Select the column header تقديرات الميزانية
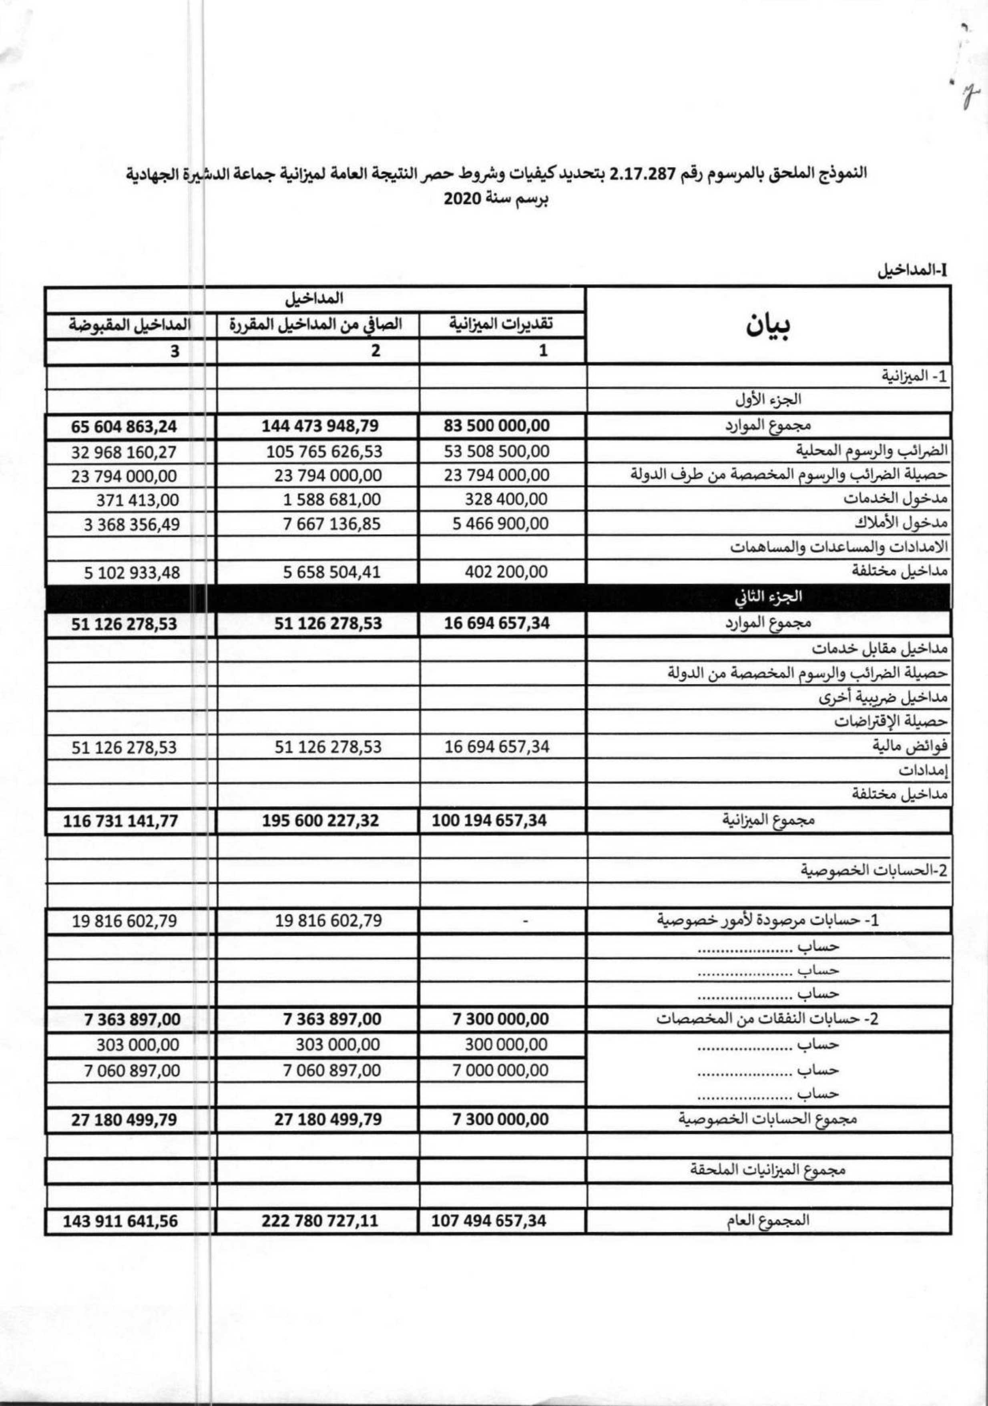tap(502, 324)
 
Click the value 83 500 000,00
tap(497, 425)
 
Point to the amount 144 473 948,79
tap(320, 425)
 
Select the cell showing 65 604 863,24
tap(125, 426)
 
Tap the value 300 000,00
tap(506, 1045)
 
